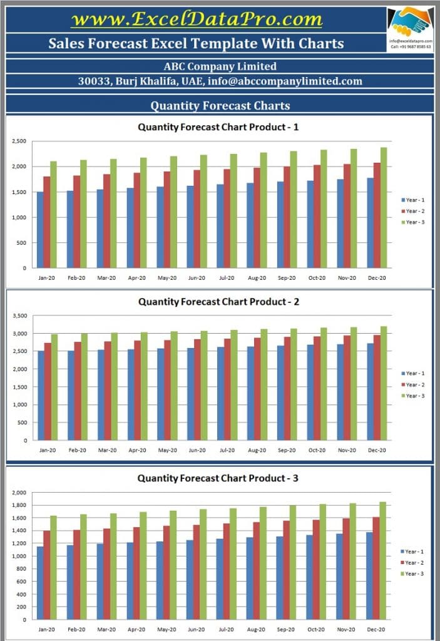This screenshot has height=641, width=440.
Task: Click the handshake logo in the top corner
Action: (410, 21)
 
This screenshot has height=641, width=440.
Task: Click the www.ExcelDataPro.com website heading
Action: (197, 19)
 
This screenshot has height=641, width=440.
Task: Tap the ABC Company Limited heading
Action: (220, 66)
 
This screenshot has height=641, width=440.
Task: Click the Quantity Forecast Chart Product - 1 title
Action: (218, 127)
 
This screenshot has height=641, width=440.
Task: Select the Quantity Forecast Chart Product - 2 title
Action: (218, 302)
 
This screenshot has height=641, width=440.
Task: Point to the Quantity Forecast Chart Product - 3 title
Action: (218, 478)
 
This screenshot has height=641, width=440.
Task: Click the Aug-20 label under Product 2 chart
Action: (257, 450)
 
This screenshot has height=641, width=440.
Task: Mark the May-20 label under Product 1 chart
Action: (167, 277)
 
